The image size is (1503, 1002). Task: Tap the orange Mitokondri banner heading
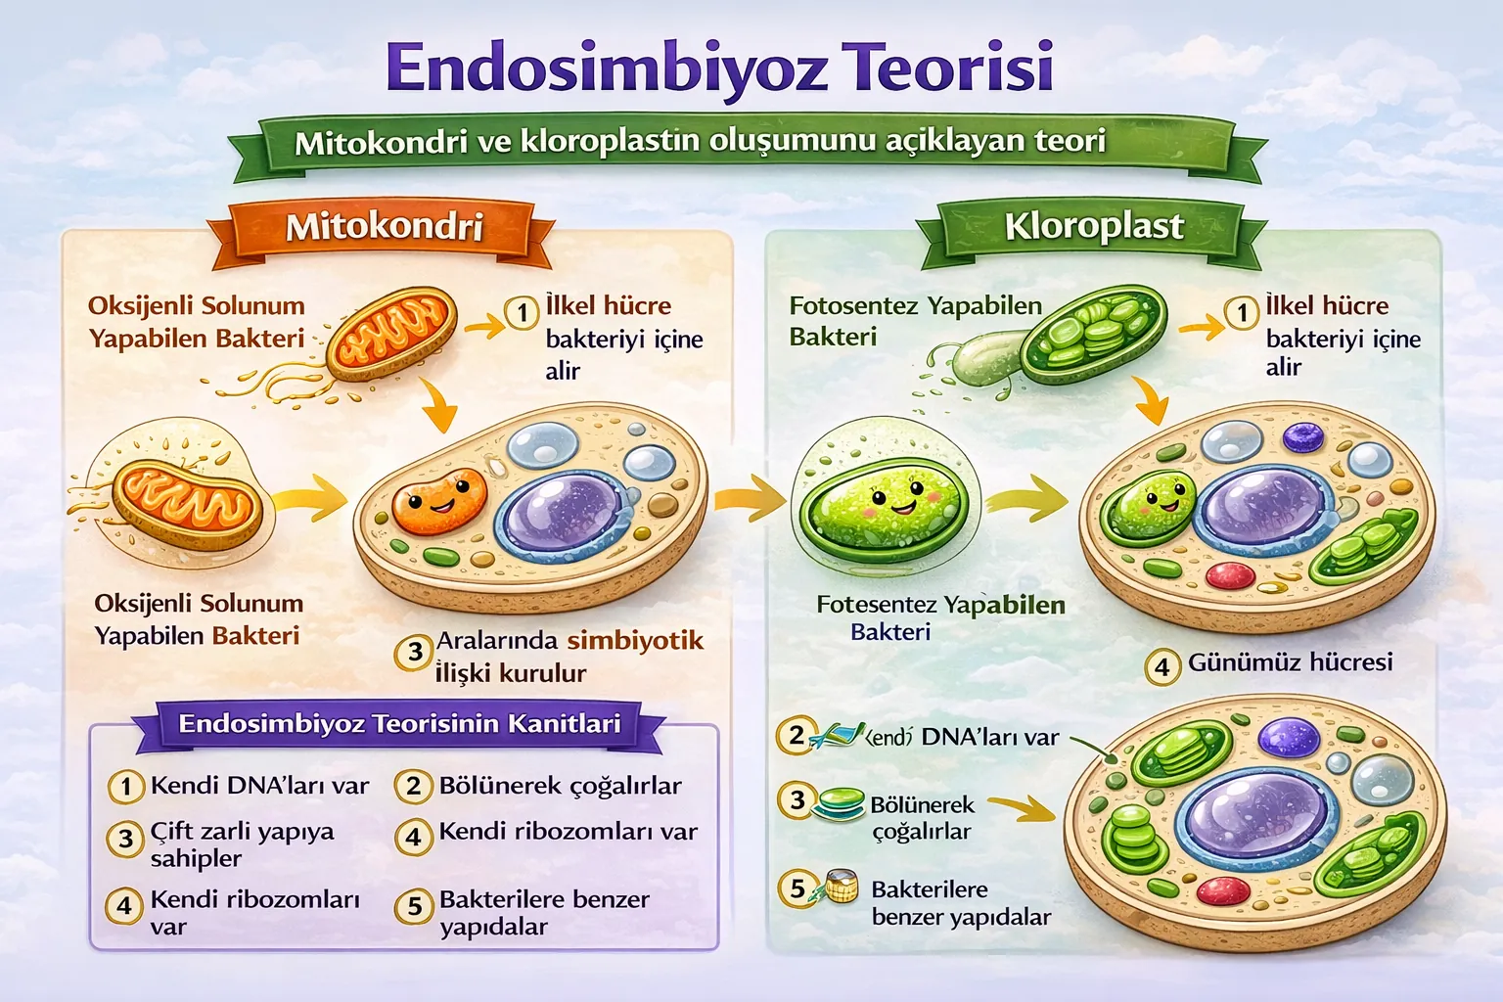(x=385, y=227)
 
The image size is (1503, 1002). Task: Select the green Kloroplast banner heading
(x=1094, y=226)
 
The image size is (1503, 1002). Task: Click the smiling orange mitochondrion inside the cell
(x=439, y=501)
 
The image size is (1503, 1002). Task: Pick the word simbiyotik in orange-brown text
(x=635, y=641)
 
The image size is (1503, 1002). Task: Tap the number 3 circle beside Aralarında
(x=415, y=652)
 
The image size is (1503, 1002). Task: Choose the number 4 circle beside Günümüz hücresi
(x=1162, y=667)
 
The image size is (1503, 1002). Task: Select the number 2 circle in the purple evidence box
(x=414, y=786)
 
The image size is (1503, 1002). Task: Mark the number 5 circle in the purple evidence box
(x=414, y=906)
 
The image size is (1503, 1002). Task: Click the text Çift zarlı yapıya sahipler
(x=242, y=843)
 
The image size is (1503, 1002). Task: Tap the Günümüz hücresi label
(x=1290, y=662)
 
